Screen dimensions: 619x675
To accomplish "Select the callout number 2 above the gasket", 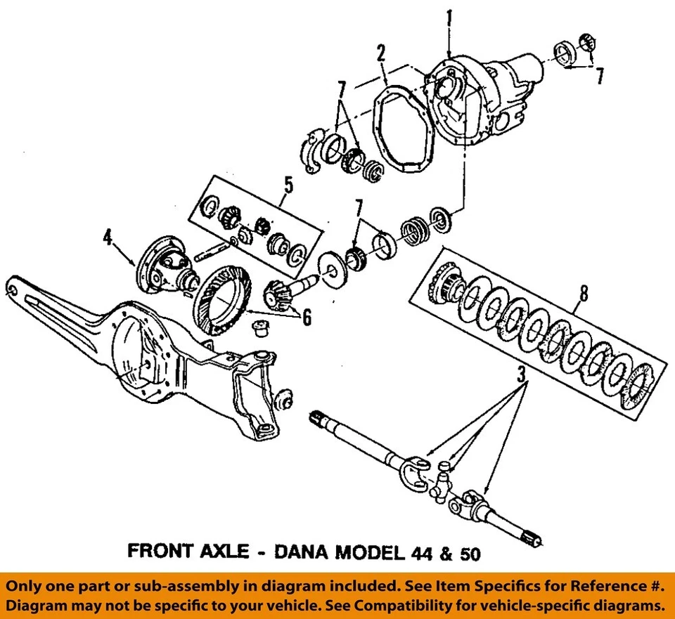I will pyautogui.click(x=380, y=53).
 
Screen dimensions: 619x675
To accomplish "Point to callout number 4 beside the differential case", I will pyautogui.click(x=108, y=238).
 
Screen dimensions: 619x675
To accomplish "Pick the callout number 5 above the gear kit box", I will pyautogui.click(x=288, y=186).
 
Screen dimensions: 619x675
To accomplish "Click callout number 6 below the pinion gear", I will pyautogui.click(x=306, y=318).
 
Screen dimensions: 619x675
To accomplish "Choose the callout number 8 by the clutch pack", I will pyautogui.click(x=583, y=293).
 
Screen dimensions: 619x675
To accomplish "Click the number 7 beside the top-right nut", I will pyautogui.click(x=599, y=76).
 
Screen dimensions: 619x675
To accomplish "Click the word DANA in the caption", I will pyautogui.click(x=299, y=552).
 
